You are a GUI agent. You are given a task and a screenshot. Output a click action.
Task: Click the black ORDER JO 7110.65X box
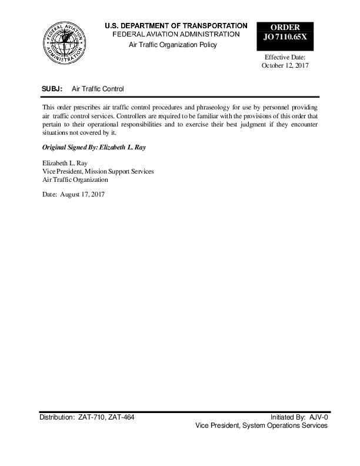point(285,34)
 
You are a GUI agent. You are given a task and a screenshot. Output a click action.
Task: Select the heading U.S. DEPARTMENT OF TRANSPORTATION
point(176,26)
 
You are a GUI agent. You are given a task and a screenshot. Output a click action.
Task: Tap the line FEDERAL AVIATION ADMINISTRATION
point(176,34)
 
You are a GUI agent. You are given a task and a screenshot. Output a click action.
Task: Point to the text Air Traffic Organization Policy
point(173,45)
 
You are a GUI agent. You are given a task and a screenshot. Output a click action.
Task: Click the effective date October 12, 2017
point(285,66)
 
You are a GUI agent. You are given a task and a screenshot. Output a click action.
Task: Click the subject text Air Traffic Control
point(98,89)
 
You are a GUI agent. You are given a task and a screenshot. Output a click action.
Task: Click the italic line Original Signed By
point(94,147)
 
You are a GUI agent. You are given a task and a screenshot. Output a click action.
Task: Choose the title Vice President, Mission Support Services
point(98,171)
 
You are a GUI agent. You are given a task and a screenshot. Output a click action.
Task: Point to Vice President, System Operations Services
point(261,425)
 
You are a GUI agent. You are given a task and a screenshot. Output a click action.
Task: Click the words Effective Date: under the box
point(285,57)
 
